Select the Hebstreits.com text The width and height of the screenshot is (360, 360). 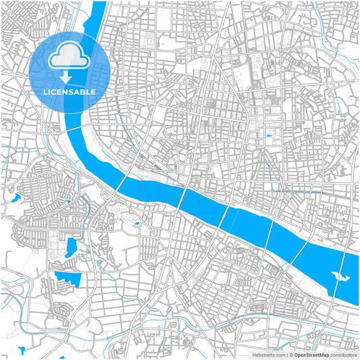[269, 354]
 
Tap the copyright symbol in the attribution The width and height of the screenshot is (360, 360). [291, 354]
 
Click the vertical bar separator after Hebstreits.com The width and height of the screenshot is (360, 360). [286, 354]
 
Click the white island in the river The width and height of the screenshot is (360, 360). [341, 276]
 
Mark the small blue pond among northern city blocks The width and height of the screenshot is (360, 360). [269, 136]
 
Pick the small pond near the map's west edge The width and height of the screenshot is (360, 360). [16, 199]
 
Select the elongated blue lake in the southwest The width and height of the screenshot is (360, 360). [71, 247]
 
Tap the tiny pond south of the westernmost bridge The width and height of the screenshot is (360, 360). [136, 224]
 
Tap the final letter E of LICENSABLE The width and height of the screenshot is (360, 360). [94, 92]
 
